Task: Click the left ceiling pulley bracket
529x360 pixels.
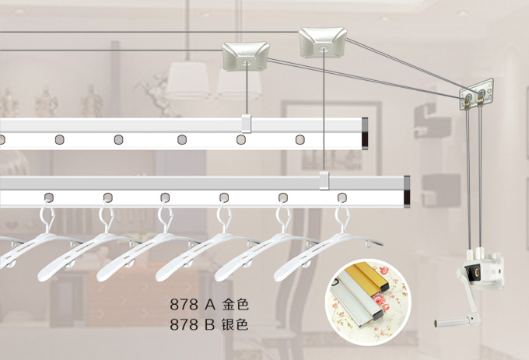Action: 245,56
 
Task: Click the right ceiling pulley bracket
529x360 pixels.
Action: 323,42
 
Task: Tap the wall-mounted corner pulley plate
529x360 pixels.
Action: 476,95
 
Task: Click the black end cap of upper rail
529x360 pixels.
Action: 365,134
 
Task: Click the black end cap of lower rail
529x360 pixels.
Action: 407,191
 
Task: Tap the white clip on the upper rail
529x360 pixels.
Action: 247,124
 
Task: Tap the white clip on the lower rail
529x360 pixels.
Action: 324,180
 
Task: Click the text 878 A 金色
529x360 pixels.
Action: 209,304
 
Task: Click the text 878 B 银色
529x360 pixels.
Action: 209,324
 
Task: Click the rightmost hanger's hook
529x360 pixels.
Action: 343,215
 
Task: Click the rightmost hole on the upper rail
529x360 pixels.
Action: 300,139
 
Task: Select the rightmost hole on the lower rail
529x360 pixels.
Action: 342,197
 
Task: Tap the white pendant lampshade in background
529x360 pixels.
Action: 187,79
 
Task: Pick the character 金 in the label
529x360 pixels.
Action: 229,304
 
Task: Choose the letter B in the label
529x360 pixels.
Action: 209,324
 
